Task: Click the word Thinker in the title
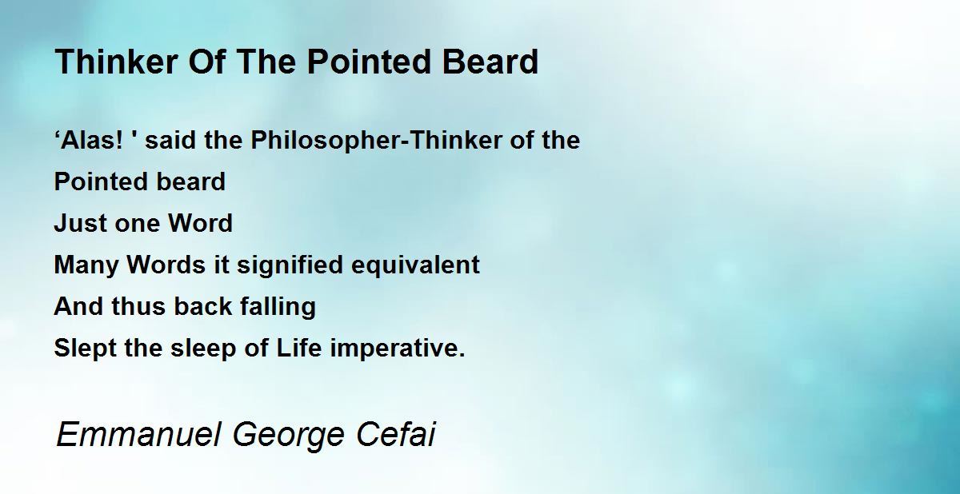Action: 116,62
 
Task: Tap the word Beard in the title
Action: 490,62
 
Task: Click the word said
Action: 170,140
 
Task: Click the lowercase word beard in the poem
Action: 190,181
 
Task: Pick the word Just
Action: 80,223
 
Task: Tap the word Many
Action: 86,265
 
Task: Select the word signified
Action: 290,265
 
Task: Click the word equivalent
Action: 415,265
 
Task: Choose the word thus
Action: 138,306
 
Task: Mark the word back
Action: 202,306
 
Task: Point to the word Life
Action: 298,348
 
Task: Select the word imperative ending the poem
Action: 398,349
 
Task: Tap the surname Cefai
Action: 396,434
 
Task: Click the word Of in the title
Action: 206,62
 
